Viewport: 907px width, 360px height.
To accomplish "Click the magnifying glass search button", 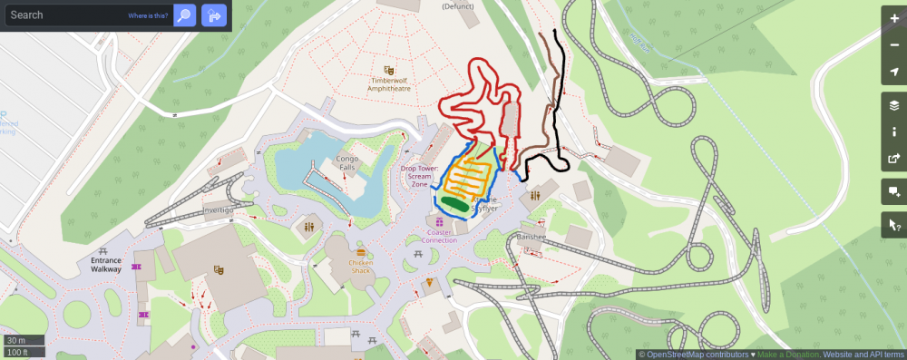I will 185,15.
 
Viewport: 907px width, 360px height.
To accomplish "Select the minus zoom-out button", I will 894,45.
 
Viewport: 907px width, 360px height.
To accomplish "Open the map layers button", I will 894,105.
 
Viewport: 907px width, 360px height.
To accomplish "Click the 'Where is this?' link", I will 147,16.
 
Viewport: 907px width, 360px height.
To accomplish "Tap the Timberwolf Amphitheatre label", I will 389,85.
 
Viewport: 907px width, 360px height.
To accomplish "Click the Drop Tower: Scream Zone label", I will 420,176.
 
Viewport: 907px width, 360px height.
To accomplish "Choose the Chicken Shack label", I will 361,267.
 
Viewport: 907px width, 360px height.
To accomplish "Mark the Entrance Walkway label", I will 105,265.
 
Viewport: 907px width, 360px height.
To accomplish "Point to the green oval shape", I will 454,204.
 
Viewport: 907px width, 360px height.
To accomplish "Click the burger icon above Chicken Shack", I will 361,250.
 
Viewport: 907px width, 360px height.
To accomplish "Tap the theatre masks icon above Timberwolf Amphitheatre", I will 389,70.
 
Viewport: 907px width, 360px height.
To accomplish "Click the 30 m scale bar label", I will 15,340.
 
